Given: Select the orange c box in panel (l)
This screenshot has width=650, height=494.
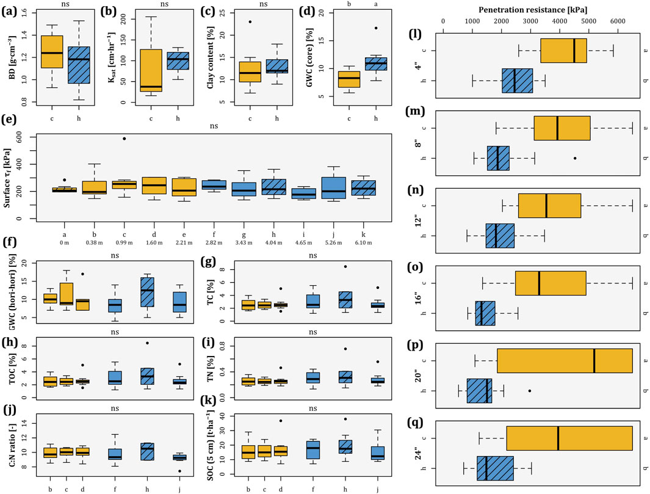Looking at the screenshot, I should (x=563, y=51).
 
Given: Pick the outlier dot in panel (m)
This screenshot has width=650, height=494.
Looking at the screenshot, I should (x=576, y=158).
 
